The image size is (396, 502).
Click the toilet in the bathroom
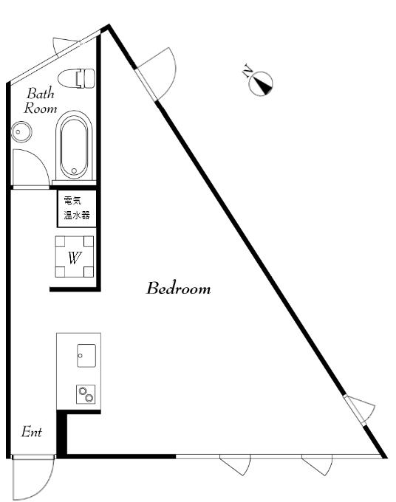(76, 78)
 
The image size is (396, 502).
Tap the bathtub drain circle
(74, 171)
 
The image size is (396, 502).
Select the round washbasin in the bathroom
(21, 131)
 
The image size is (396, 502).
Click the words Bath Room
(41, 100)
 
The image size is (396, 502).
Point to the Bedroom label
(179, 288)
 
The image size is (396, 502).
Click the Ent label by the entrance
(32, 432)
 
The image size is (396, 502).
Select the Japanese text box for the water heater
(77, 208)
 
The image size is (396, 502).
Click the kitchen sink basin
(86, 355)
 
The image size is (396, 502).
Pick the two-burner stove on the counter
(86, 394)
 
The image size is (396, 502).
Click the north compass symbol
(261, 83)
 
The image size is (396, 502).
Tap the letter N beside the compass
(247, 71)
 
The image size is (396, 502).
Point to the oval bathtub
(74, 145)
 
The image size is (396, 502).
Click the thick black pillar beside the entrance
(61, 433)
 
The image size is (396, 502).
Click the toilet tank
(86, 78)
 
